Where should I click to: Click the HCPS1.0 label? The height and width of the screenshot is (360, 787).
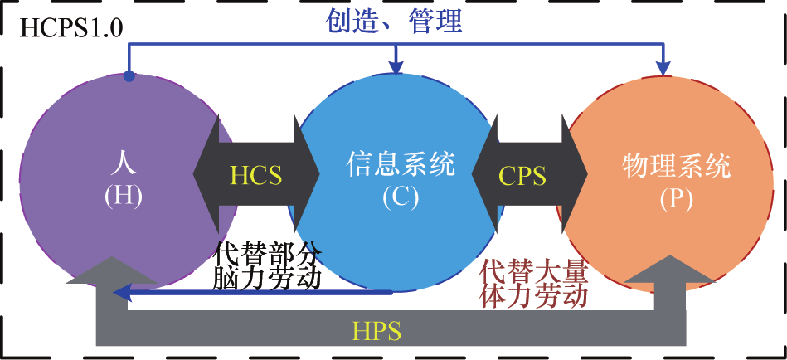[71, 30]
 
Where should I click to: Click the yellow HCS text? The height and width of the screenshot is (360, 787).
[255, 176]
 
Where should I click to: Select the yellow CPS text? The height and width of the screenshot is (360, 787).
[522, 176]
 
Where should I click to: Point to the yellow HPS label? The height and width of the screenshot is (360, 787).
[376, 331]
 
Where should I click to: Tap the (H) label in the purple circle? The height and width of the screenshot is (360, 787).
[123, 196]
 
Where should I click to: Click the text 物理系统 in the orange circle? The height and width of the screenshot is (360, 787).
[676, 166]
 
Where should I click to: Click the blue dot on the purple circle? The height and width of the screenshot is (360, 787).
[129, 77]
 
